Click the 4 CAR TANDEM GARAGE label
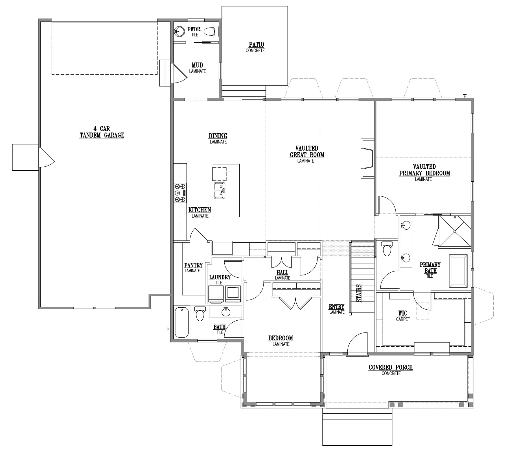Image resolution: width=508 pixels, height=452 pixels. [x=102, y=132]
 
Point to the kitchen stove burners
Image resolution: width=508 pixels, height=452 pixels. [x=180, y=193]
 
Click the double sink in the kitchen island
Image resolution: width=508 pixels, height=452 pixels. [x=219, y=190]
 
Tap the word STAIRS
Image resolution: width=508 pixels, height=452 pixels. [x=359, y=293]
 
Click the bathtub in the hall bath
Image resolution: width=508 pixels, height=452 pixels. [x=182, y=322]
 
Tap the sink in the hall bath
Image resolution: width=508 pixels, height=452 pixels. [x=226, y=312]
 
